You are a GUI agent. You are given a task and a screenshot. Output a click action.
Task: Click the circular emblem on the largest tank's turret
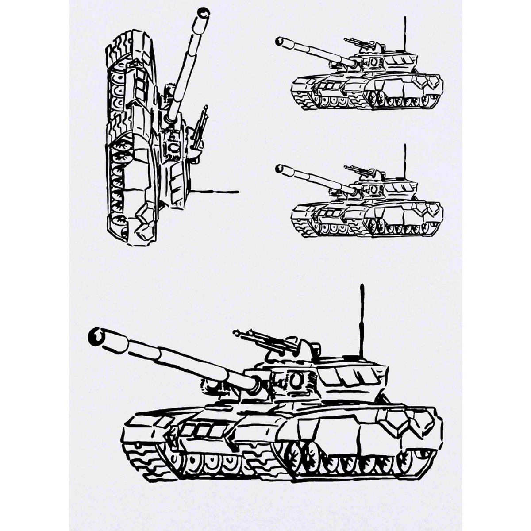click(296, 379)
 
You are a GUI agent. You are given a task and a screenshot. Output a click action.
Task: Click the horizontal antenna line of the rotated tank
click(217, 192)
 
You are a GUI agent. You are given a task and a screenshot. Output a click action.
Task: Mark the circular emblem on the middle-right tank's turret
click(373, 189)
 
